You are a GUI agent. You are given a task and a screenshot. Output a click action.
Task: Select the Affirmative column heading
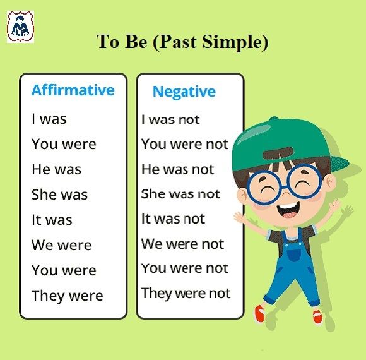click(x=73, y=90)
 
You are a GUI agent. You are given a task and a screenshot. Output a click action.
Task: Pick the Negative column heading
click(x=184, y=92)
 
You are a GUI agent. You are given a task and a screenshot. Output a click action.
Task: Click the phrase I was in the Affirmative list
click(x=49, y=119)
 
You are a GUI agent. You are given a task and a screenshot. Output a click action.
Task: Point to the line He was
click(x=57, y=169)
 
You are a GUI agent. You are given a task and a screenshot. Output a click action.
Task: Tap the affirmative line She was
click(x=59, y=195)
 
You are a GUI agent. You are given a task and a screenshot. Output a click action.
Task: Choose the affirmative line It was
click(x=52, y=220)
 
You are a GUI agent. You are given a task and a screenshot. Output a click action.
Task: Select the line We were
click(x=62, y=245)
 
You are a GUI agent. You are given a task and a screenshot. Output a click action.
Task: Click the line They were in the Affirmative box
click(x=68, y=296)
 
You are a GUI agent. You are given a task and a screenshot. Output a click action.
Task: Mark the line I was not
click(x=170, y=119)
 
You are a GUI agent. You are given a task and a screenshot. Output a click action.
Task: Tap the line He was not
click(x=178, y=169)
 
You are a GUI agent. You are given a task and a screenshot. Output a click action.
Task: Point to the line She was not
click(x=180, y=194)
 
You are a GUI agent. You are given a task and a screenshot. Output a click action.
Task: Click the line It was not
click(x=173, y=219)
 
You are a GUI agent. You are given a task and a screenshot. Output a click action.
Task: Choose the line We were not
click(x=183, y=244)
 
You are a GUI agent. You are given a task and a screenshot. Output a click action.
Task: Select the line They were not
click(x=186, y=293)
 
